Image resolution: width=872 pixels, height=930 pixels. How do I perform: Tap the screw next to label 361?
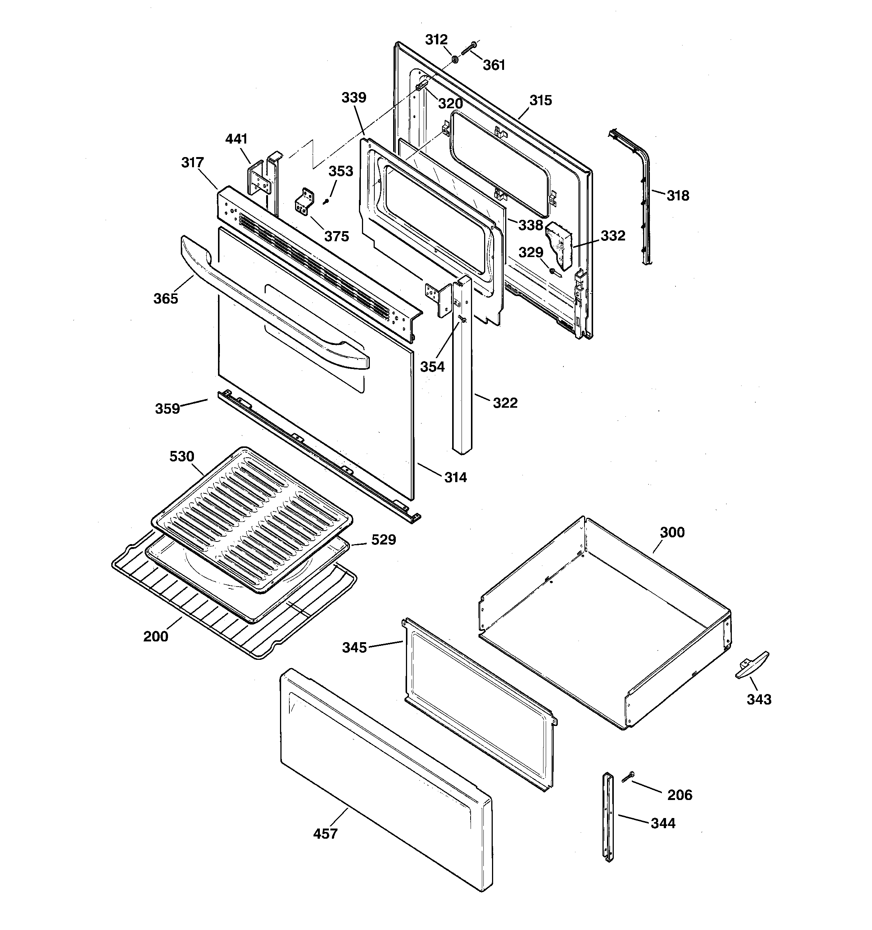468,48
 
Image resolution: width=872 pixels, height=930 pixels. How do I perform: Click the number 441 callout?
236,139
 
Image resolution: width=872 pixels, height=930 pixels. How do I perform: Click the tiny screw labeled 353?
326,201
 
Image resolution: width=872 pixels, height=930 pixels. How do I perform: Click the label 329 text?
531,253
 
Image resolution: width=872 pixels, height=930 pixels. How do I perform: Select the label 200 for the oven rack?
155,636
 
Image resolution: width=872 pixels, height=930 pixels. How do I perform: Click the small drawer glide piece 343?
752,664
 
